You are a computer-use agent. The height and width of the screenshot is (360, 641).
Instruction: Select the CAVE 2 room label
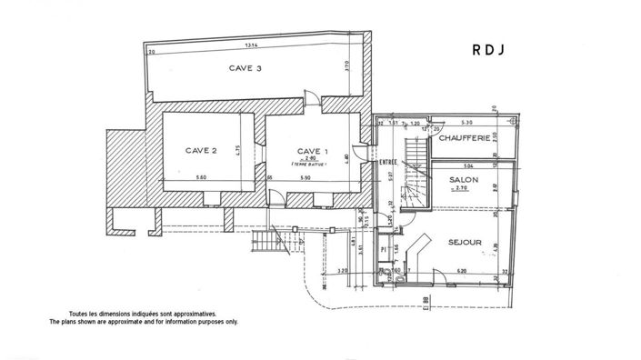coord(200,150)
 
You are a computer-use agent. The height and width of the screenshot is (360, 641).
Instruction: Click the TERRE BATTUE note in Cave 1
coord(311,165)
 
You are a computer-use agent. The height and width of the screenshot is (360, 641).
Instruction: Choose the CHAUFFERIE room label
coord(465,138)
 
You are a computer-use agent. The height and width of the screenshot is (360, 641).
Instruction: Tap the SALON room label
coord(464,180)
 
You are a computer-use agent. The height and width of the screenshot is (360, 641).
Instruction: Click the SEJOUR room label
coord(465,243)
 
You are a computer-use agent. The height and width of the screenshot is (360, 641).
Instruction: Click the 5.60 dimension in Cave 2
coord(202,177)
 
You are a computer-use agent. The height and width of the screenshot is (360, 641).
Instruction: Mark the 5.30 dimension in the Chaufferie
coord(467,122)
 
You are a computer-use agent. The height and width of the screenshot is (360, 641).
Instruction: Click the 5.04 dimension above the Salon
coord(469,167)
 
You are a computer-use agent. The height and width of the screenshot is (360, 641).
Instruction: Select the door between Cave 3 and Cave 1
coord(311,101)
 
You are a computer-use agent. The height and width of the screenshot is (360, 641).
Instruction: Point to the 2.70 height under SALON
coord(464,191)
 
